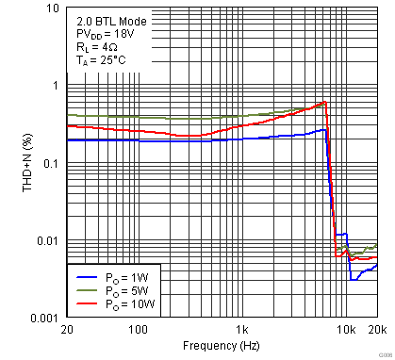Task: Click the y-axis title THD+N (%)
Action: pyautogui.click(x=10, y=163)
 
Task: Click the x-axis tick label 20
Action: pyautogui.click(x=66, y=331)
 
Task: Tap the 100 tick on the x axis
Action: pyautogui.click(x=138, y=331)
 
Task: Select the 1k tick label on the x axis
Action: pyautogui.click(x=242, y=331)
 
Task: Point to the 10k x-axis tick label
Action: pyautogui.click(x=346, y=331)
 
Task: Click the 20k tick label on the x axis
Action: pyautogui.click(x=376, y=331)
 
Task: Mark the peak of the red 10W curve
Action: pyautogui.click(x=324, y=102)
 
